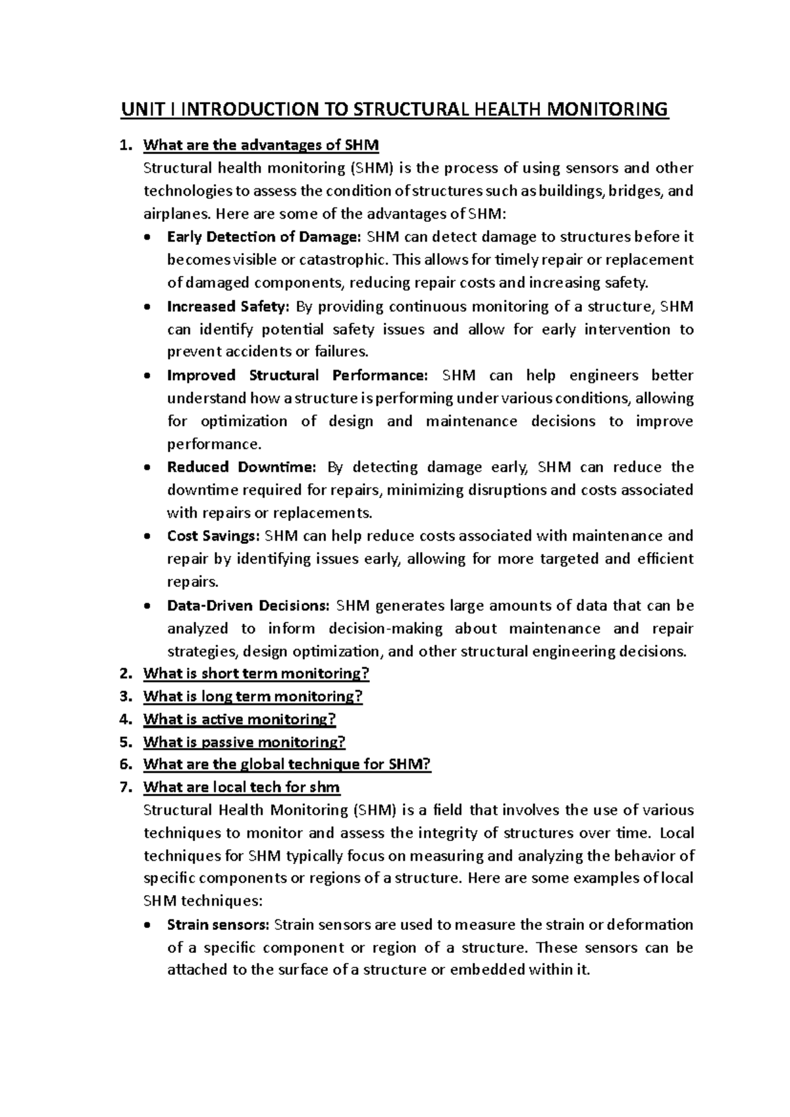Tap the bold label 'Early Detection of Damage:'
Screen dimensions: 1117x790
(264, 237)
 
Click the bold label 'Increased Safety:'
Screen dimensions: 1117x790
(228, 306)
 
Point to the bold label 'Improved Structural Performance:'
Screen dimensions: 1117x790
(297, 375)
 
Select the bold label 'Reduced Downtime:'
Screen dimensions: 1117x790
(242, 468)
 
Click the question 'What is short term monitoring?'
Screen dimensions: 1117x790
(256, 674)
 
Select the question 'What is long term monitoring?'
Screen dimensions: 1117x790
(253, 697)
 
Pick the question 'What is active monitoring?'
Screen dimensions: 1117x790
(240, 719)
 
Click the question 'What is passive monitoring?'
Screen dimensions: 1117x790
(244, 742)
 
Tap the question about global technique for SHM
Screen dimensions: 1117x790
(287, 765)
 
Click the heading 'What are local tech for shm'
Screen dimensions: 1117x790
(242, 788)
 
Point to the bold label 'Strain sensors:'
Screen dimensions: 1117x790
(218, 925)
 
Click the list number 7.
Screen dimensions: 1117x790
(126, 788)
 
